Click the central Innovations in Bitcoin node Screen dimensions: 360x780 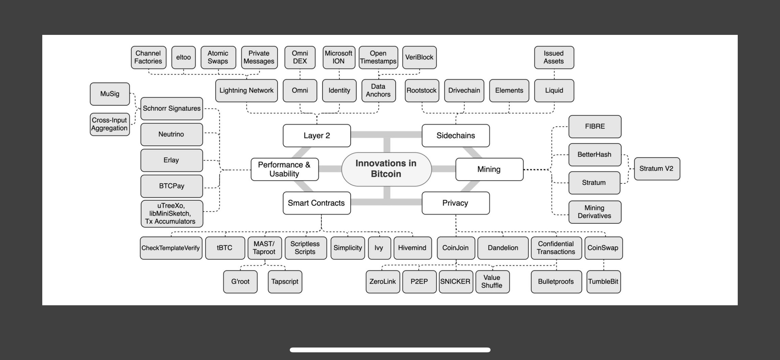click(386, 169)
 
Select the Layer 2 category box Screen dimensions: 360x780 click(317, 136)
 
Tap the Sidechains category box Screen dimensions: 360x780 click(455, 136)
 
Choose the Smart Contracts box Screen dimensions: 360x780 click(316, 203)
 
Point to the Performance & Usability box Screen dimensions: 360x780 click(284, 169)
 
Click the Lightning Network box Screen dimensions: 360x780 click(246, 91)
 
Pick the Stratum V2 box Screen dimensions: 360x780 click(656, 169)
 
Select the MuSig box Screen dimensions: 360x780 click(110, 94)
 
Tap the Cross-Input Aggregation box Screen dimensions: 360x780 click(110, 124)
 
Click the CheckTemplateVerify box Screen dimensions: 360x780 click(171, 248)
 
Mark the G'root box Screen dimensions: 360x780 click(240, 282)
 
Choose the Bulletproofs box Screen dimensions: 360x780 click(556, 282)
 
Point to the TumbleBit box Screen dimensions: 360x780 click(603, 282)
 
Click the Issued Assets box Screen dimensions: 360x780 click(554, 58)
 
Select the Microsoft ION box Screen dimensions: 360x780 click(338, 58)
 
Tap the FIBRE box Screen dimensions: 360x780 click(595, 126)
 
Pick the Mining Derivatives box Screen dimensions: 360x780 click(595, 212)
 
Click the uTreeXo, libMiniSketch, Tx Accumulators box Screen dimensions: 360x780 click(171, 213)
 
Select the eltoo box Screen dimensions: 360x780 click(183, 58)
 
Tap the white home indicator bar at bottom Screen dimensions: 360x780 click(390, 350)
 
